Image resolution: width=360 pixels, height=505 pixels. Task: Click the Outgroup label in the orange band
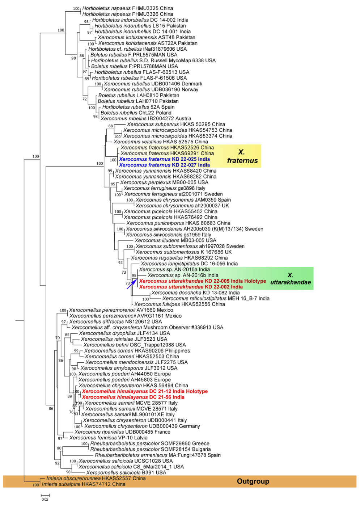click(x=253, y=481)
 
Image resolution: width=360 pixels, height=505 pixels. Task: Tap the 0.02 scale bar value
click(x=45, y=499)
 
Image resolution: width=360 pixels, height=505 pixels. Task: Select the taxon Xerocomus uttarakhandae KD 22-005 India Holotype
click(x=202, y=281)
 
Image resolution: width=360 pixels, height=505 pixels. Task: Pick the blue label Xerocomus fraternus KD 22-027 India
click(x=164, y=165)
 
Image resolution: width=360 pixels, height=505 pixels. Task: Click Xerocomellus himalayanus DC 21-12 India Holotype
click(x=145, y=391)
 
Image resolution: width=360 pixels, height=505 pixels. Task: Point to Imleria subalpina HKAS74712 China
click(x=84, y=484)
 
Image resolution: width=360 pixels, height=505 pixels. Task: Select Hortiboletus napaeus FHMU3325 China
click(x=127, y=8)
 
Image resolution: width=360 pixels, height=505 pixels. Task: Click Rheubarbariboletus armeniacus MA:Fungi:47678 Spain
click(x=157, y=455)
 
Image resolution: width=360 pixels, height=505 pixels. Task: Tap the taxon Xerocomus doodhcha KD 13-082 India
click(x=195, y=293)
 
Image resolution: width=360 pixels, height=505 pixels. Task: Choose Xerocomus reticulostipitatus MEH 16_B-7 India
click(x=216, y=299)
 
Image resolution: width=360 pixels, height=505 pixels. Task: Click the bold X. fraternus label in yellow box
click(x=242, y=156)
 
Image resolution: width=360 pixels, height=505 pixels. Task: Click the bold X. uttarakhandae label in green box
click(x=291, y=279)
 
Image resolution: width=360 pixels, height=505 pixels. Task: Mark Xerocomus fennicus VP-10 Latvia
click(x=108, y=438)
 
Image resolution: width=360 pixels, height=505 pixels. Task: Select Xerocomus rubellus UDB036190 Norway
click(x=151, y=89)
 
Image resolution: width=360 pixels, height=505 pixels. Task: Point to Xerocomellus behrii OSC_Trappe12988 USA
click(x=134, y=345)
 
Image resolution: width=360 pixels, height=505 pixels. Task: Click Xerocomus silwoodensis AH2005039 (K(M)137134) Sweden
click(x=194, y=229)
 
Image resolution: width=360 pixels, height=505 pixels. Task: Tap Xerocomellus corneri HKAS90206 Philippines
click(x=137, y=351)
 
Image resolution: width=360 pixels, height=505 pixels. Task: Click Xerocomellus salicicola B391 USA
click(x=126, y=472)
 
